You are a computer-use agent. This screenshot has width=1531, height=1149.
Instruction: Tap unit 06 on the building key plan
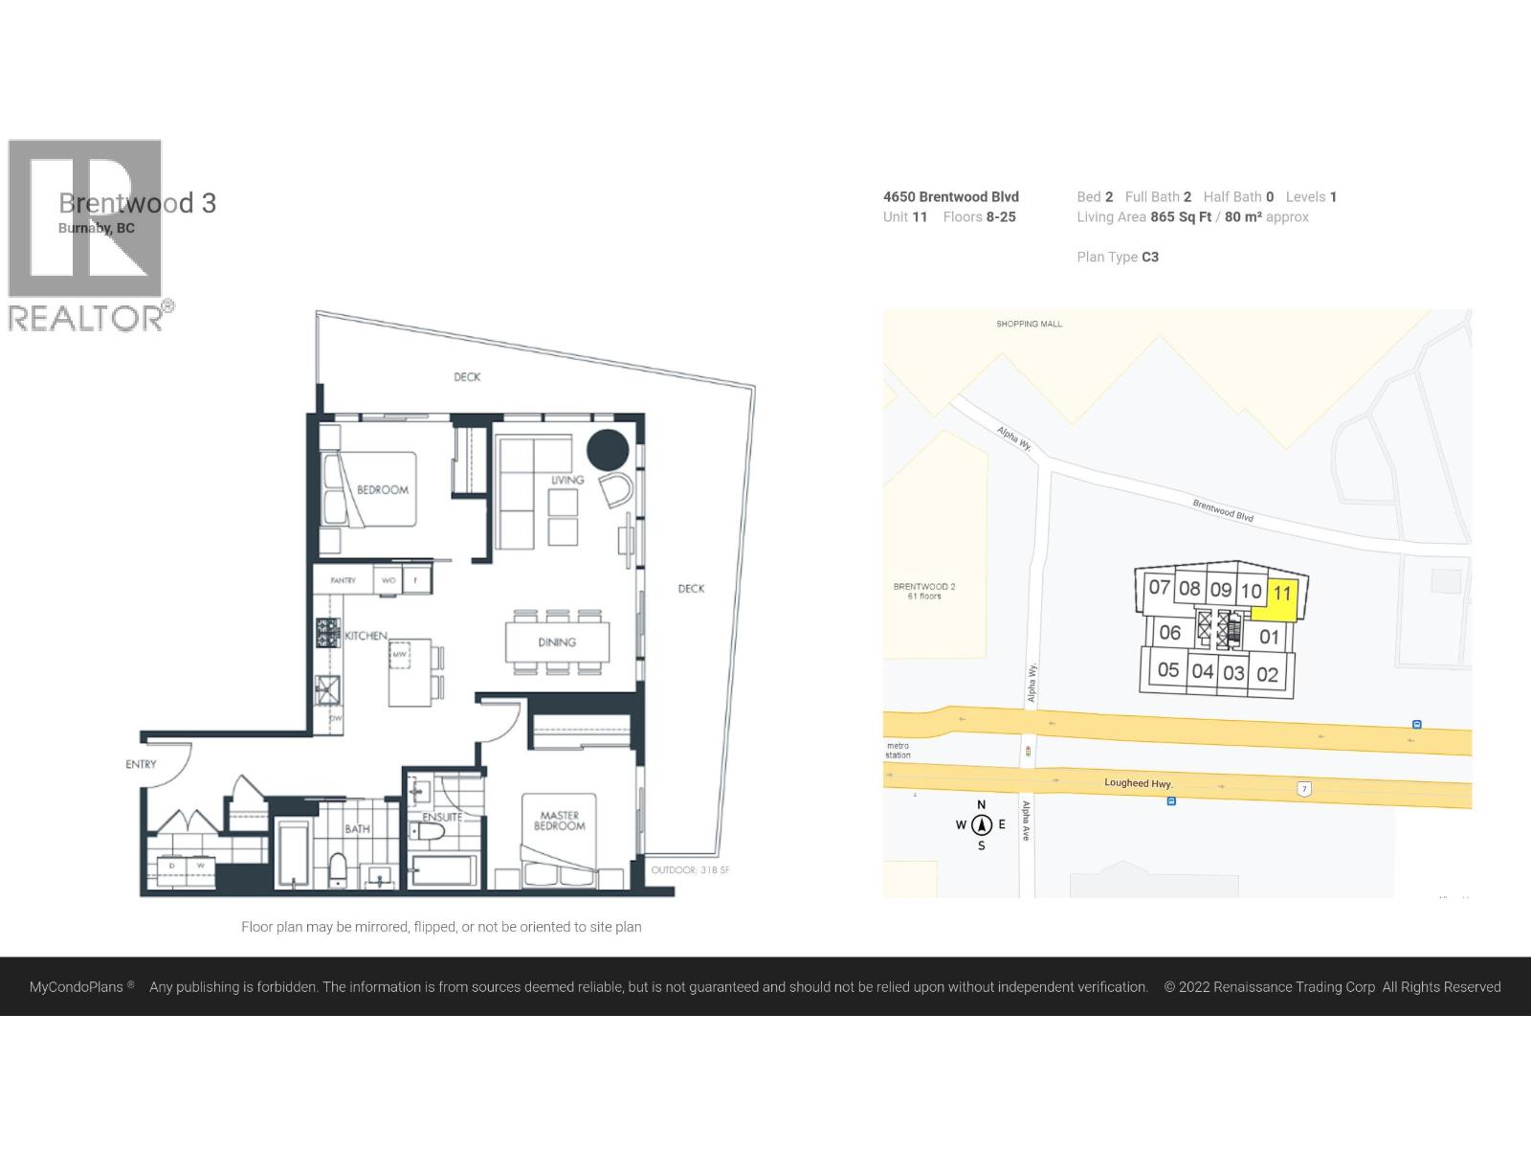(x=1169, y=633)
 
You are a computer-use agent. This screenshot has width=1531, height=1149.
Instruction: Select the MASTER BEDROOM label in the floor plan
(x=560, y=822)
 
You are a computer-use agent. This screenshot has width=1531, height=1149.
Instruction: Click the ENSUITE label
(x=441, y=817)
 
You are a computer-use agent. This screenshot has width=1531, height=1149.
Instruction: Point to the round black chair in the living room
(x=607, y=450)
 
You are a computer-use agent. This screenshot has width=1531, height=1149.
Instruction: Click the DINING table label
(x=557, y=642)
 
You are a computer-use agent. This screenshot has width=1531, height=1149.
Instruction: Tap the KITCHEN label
(x=366, y=636)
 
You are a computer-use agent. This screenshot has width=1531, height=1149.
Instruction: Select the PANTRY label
(x=343, y=580)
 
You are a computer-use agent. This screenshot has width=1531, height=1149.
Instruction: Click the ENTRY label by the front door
(x=141, y=764)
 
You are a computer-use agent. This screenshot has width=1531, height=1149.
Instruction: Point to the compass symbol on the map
(x=981, y=824)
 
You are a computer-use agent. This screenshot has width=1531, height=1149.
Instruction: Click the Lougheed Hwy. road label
(x=1138, y=783)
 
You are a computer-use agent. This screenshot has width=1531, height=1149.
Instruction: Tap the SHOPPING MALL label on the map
(x=1029, y=324)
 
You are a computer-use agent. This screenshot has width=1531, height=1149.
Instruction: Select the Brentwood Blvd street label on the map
(x=1222, y=510)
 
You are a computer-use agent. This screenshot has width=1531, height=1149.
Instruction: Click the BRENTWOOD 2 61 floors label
(x=924, y=591)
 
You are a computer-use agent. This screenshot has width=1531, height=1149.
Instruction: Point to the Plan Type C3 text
(x=1118, y=257)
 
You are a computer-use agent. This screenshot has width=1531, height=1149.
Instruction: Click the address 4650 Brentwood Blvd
(x=950, y=196)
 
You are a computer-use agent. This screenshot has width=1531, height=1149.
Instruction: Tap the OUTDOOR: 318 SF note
(x=690, y=870)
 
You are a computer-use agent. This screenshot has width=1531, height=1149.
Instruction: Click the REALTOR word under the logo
(x=86, y=319)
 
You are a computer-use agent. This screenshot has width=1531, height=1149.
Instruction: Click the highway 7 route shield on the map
(x=1304, y=789)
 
